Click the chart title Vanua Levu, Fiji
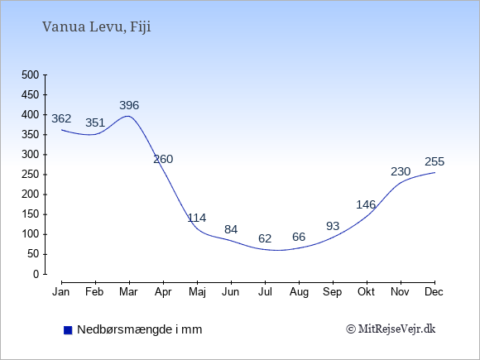coord(97,26)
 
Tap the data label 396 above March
coord(129,105)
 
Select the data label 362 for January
coord(61,118)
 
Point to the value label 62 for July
coord(265,238)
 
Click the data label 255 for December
coord(434,161)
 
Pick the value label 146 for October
coord(366,204)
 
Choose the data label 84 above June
coord(231,229)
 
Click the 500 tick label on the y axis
coord(31,74)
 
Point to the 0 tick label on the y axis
coord(36,274)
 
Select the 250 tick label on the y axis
coord(31,175)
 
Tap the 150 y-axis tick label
coord(31,214)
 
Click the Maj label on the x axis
coord(197,292)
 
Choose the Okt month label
coord(366,292)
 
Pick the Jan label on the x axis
coord(61,292)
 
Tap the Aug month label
coord(299,292)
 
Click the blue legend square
coord(68,330)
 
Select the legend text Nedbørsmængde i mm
coord(140,329)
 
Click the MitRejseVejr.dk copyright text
coord(391,329)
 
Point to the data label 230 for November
coord(401,171)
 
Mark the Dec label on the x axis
coord(434,292)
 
